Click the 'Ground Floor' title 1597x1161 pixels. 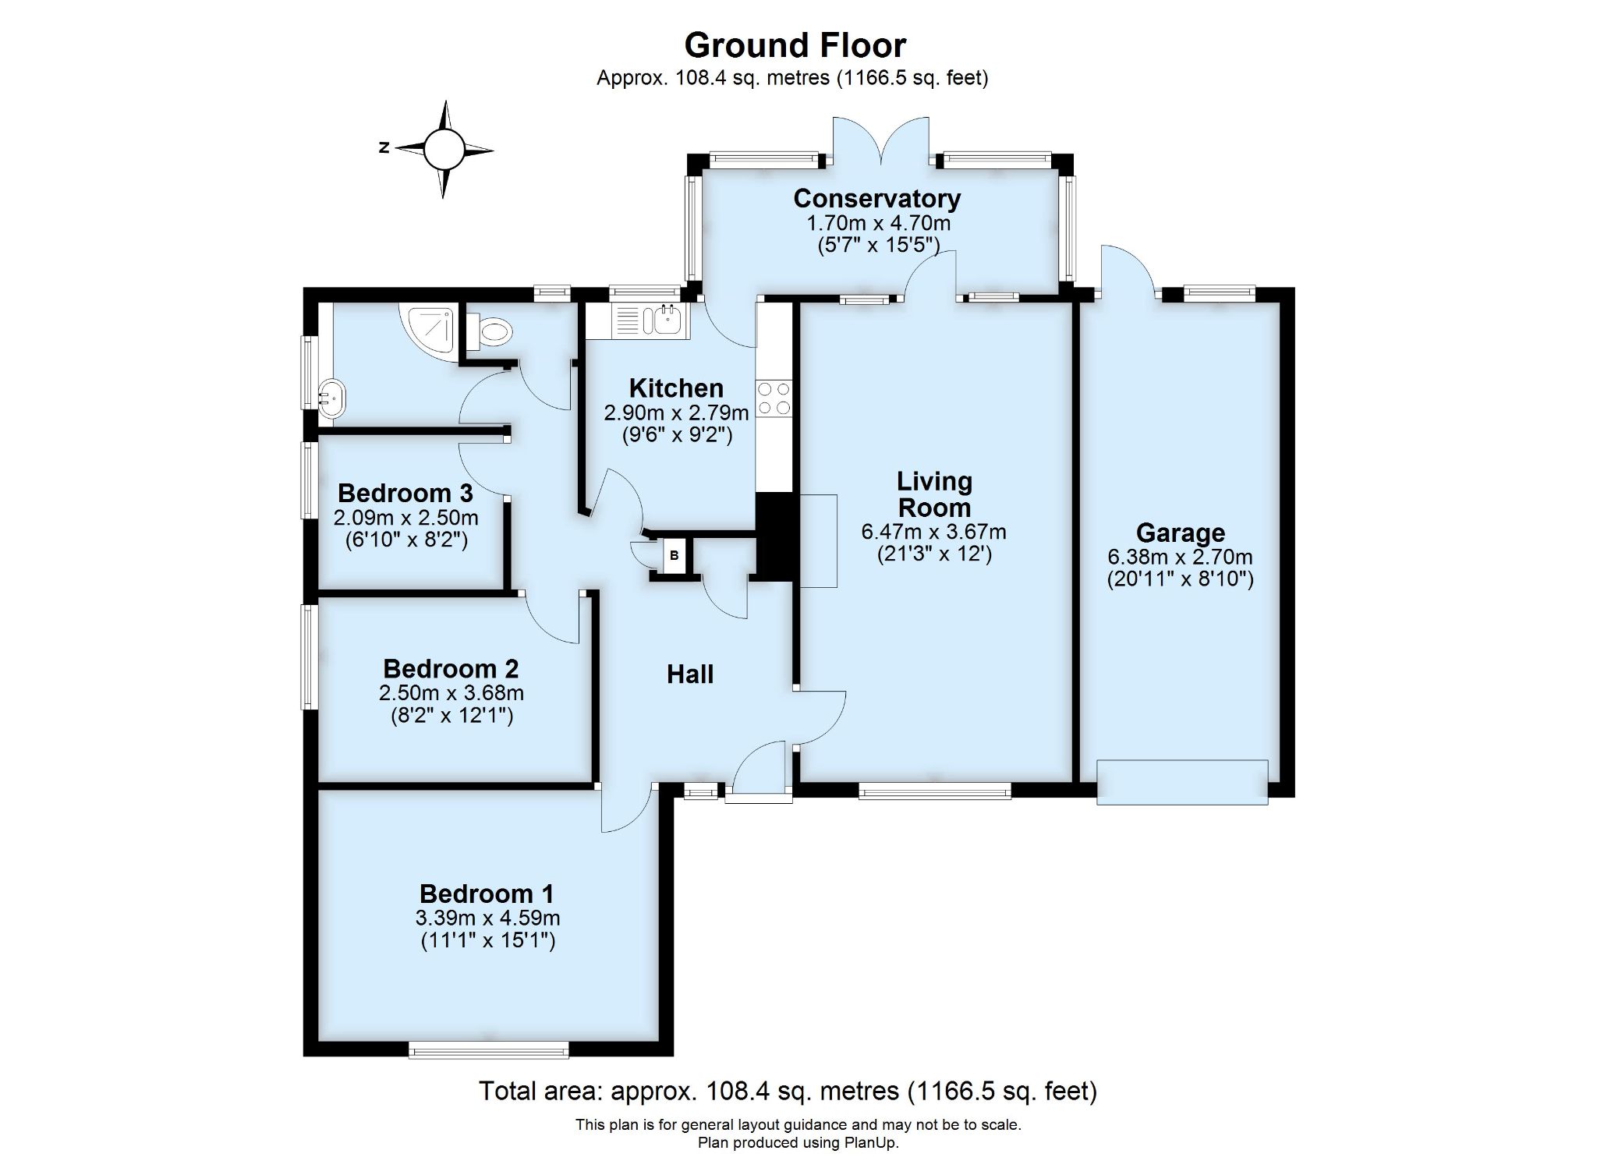pyautogui.click(x=795, y=45)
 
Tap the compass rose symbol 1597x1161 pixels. pyautogui.click(x=444, y=149)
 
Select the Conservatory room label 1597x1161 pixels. pyautogui.click(x=876, y=198)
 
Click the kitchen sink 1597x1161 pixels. pyautogui.click(x=649, y=320)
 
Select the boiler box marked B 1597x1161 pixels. pyautogui.click(x=675, y=556)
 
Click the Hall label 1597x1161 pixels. pyautogui.click(x=690, y=674)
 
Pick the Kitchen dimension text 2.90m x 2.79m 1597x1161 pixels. pyautogui.click(x=676, y=412)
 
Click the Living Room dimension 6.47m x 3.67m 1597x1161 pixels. pyautogui.click(x=933, y=533)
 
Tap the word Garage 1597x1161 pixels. pyautogui.click(x=1180, y=533)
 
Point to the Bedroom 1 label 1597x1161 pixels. pyautogui.click(x=487, y=894)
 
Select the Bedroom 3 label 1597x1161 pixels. pyautogui.click(x=405, y=494)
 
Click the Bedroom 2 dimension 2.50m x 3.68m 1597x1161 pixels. pyautogui.click(x=451, y=693)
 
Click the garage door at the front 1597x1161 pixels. pyautogui.click(x=1182, y=782)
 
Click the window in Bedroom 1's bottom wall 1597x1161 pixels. pyautogui.click(x=489, y=1052)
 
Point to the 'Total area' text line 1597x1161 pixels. pyautogui.click(x=788, y=1091)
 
